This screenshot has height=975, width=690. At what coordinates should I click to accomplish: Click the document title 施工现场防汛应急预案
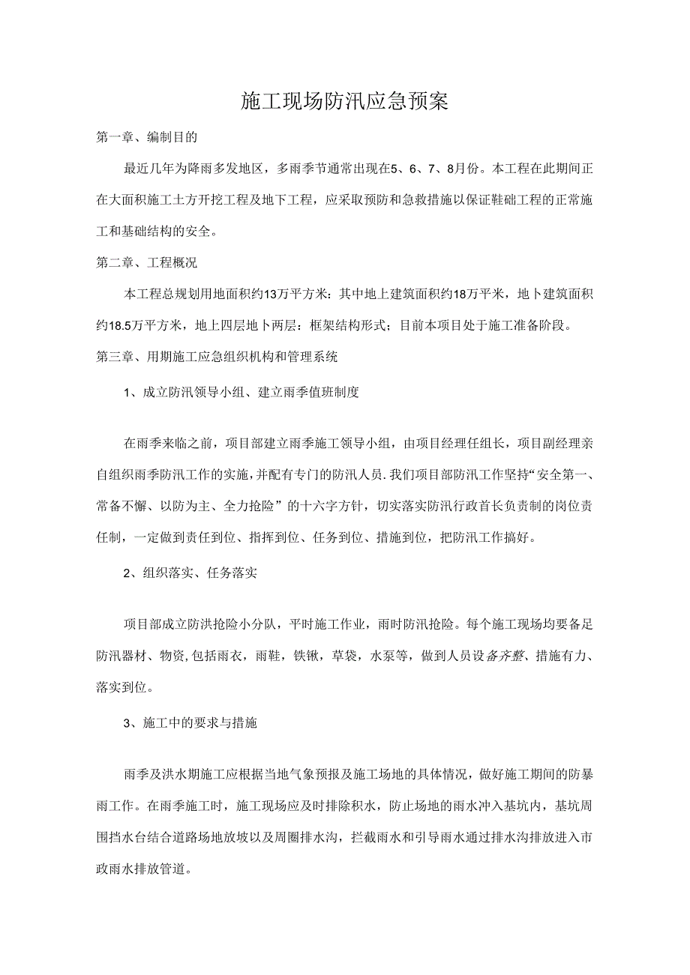(x=344, y=101)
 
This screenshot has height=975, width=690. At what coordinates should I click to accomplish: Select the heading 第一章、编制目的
(x=146, y=138)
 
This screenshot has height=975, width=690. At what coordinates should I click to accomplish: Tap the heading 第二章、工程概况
(x=146, y=263)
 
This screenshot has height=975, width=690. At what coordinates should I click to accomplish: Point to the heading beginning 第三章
(x=217, y=357)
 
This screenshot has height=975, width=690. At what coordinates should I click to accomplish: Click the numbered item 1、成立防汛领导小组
(x=241, y=392)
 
